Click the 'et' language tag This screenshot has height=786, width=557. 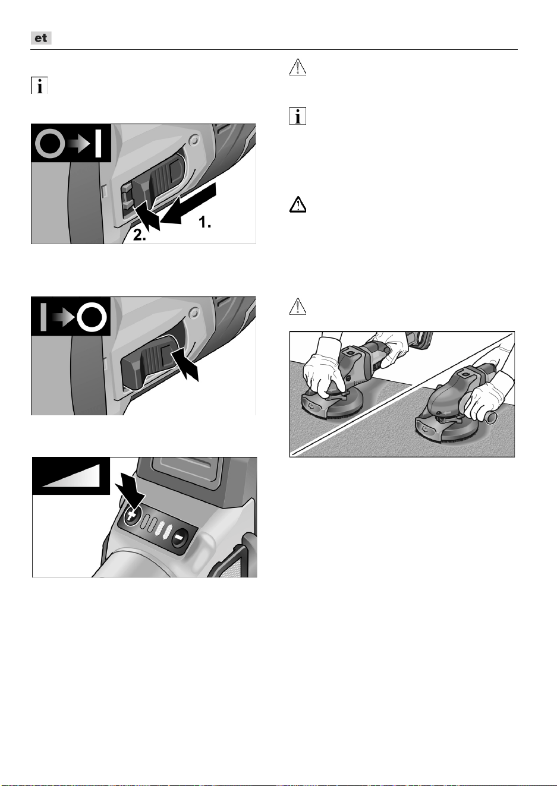tap(41, 38)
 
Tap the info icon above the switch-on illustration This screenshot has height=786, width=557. tap(39, 86)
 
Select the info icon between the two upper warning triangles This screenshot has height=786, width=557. tap(297, 116)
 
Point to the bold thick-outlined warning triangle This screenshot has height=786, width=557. tap(297, 204)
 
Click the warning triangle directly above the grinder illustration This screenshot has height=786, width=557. tap(297, 307)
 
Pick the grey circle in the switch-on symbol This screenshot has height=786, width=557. tap(50, 144)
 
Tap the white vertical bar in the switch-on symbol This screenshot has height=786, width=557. tap(98, 144)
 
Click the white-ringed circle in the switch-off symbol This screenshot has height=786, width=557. tap(92, 317)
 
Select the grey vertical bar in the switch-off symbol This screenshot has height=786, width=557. tap(43, 317)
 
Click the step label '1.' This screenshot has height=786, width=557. tap(205, 222)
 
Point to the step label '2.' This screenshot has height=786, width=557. tap(140, 235)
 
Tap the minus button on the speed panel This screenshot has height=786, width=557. tap(180, 537)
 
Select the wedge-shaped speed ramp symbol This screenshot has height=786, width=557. tap(70, 476)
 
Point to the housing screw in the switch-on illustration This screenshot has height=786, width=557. tap(193, 141)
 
